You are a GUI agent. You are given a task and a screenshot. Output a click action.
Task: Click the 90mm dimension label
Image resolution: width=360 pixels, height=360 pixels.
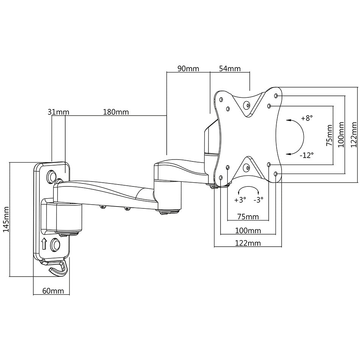(x=188, y=69)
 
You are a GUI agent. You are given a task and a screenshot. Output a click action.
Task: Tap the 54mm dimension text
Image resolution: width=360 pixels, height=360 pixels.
(x=230, y=69)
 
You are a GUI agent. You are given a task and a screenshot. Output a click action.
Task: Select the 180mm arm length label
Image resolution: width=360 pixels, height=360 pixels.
(x=116, y=112)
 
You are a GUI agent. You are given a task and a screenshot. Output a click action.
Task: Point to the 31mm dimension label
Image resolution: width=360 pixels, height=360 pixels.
(x=58, y=112)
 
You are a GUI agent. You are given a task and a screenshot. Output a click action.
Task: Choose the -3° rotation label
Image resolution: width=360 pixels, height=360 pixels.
(x=258, y=199)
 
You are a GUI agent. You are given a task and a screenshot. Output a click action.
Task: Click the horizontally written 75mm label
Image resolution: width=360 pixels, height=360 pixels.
(x=248, y=217)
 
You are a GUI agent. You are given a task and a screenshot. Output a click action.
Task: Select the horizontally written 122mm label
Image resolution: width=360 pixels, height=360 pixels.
(x=248, y=243)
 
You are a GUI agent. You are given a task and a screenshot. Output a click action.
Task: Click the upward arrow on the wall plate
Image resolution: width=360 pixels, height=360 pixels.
(x=44, y=244)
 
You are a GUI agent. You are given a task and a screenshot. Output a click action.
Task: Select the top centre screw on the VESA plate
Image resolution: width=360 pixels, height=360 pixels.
(x=247, y=105)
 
